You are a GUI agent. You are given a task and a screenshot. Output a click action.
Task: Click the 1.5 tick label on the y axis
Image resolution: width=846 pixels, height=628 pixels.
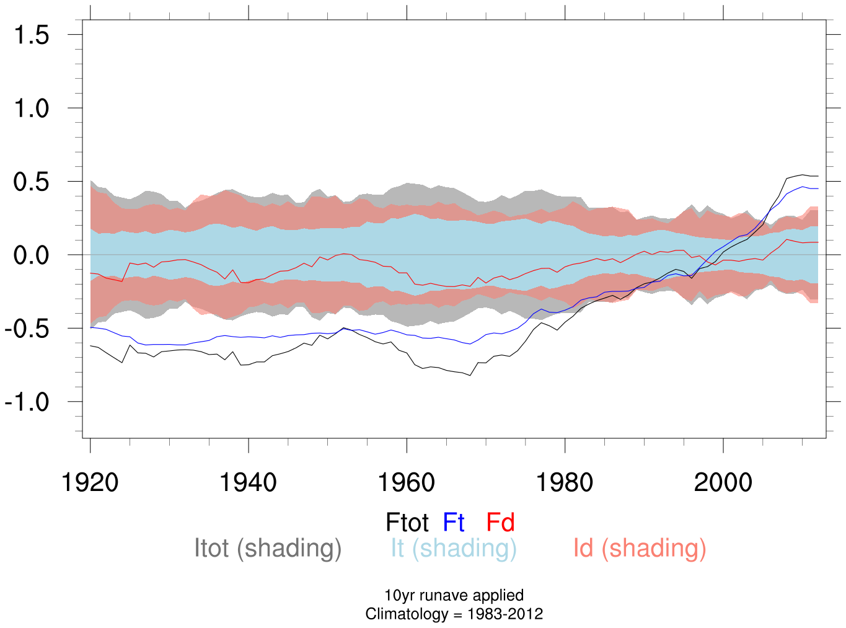(x=32, y=35)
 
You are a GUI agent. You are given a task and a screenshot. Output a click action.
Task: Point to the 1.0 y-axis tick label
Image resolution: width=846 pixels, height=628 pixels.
(x=32, y=108)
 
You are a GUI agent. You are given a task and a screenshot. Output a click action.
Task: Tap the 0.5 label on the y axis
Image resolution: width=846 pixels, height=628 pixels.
(x=32, y=182)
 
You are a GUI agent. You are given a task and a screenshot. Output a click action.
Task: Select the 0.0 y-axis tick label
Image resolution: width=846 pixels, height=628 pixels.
(x=32, y=255)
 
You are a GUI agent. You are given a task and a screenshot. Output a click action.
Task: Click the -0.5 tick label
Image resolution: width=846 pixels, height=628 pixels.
(x=27, y=329)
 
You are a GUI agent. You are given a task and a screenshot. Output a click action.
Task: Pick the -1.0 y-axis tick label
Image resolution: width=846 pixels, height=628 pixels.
(x=27, y=402)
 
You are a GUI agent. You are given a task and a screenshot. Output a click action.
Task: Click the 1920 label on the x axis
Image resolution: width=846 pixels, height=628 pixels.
(x=90, y=482)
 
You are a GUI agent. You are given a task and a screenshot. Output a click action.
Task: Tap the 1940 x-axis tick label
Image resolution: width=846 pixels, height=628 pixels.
(x=248, y=482)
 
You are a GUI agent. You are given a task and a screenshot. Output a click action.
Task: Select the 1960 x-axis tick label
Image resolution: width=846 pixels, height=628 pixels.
(x=407, y=482)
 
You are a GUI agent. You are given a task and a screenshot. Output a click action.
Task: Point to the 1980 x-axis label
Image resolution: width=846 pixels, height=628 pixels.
(x=565, y=482)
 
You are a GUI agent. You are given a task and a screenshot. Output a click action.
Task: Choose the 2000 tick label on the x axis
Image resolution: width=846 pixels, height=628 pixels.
(x=723, y=482)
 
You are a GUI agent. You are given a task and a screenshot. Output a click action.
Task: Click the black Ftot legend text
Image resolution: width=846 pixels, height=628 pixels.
(x=407, y=523)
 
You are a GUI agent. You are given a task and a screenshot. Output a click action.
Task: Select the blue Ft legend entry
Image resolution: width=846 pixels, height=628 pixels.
(x=454, y=523)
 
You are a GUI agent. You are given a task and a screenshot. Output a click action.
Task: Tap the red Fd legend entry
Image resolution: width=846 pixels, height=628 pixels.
(x=500, y=523)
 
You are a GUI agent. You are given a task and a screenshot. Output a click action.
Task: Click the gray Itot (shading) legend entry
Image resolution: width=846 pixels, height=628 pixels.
(x=268, y=549)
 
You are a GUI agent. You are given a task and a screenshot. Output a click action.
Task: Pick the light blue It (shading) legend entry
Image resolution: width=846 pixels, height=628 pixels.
(x=453, y=549)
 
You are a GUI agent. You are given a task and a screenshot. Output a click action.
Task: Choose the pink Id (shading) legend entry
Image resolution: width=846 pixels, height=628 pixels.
(x=640, y=549)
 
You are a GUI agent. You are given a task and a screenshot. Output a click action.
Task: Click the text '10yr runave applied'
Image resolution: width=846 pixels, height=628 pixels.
(x=454, y=595)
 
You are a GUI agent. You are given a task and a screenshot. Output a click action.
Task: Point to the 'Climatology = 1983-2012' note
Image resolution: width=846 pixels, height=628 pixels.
(x=454, y=614)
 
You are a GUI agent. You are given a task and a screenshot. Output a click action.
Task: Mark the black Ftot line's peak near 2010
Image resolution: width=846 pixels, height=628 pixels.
(x=803, y=175)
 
